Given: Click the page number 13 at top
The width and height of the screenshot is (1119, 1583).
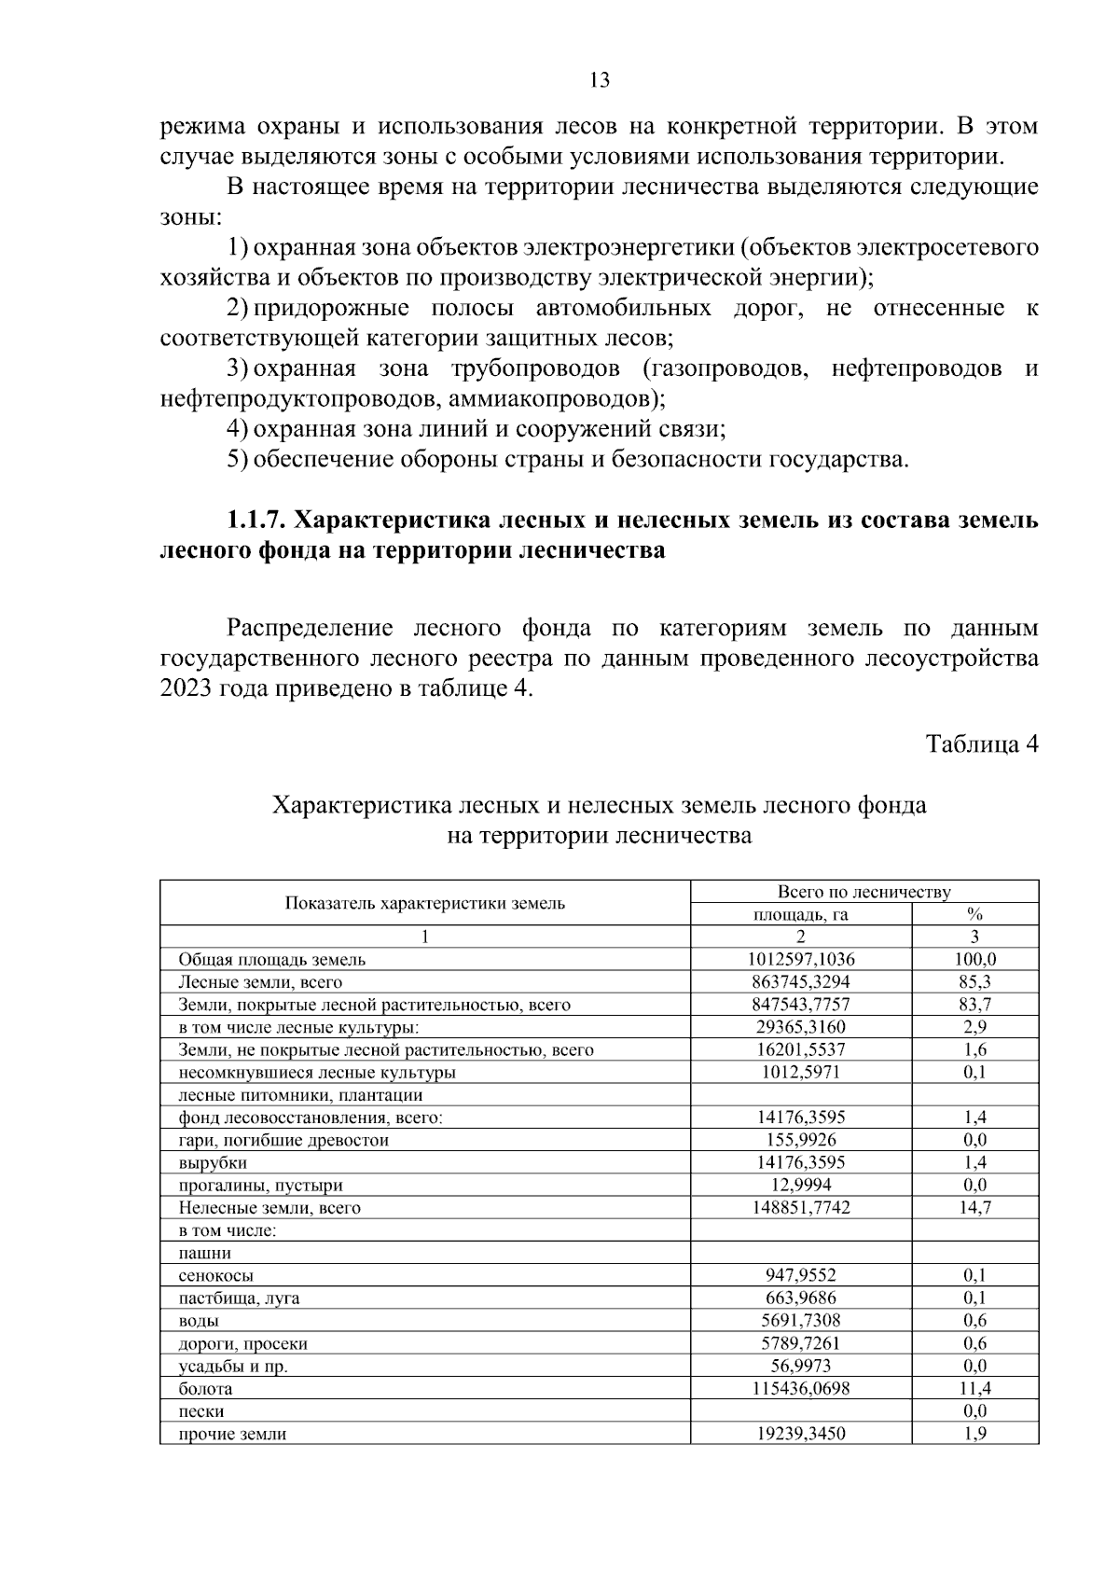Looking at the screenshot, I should pyautogui.click(x=600, y=80).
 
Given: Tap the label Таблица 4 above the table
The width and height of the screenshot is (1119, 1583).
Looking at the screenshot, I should pyautogui.click(x=981, y=744).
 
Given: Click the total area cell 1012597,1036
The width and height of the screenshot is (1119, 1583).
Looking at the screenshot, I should pyautogui.click(x=800, y=959).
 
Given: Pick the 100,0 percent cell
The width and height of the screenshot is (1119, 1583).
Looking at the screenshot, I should pyautogui.click(x=975, y=959).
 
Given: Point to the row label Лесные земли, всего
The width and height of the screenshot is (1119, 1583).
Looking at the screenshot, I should pyautogui.click(x=260, y=982).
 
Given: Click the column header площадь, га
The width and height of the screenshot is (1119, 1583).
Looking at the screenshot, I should pyautogui.click(x=800, y=914).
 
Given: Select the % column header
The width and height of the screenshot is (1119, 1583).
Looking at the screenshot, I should pyautogui.click(x=975, y=914).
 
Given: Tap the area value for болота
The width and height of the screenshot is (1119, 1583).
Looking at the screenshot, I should pyautogui.click(x=800, y=1388).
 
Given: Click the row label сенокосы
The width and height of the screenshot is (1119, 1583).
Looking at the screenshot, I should pyautogui.click(x=215, y=1275).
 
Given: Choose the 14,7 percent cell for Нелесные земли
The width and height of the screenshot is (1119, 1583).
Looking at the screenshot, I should pyautogui.click(x=975, y=1208).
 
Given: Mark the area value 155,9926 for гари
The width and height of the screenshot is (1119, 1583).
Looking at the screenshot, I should pyautogui.click(x=800, y=1140).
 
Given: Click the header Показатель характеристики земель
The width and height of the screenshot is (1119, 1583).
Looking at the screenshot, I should pyautogui.click(x=424, y=903).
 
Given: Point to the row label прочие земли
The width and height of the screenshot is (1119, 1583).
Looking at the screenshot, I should pyautogui.click(x=232, y=1434).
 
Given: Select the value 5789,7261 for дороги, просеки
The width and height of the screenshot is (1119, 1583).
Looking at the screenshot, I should pyautogui.click(x=800, y=1343).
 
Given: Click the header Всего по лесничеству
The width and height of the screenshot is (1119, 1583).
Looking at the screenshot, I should pyautogui.click(x=863, y=892).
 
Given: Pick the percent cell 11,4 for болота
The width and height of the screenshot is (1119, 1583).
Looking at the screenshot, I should pyautogui.click(x=975, y=1388).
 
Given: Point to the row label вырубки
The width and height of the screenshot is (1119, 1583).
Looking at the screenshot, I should pyautogui.click(x=213, y=1162).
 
